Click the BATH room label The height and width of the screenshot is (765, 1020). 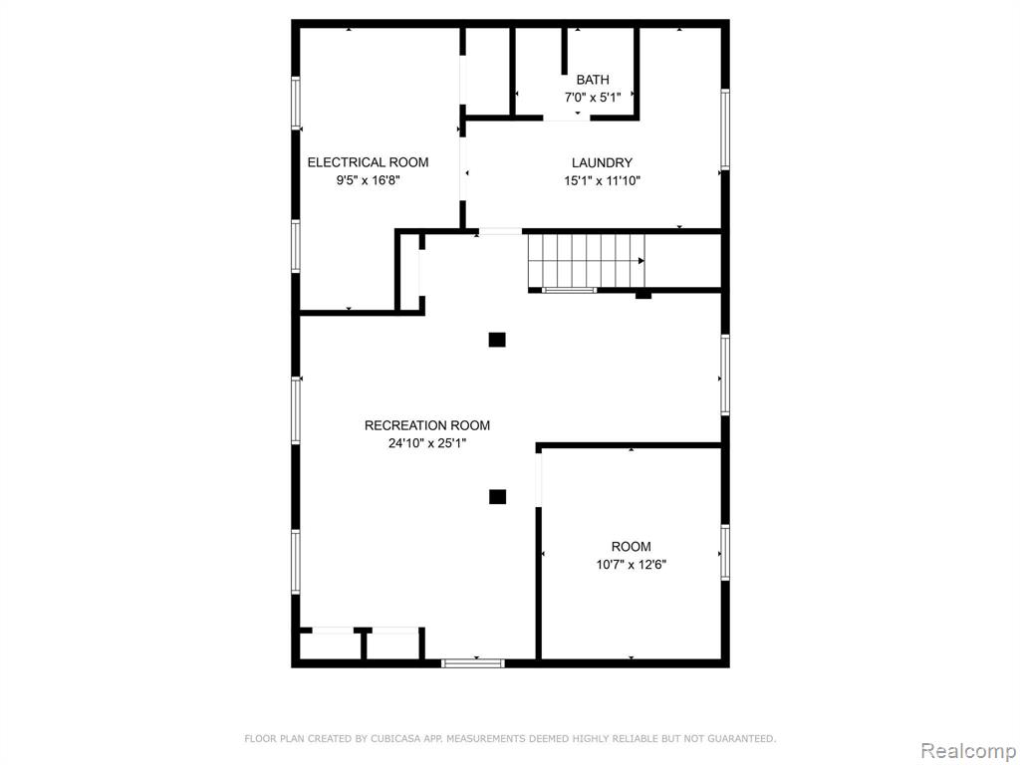point(593,80)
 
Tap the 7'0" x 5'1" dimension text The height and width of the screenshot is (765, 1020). point(593,98)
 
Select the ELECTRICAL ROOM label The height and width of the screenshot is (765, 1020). point(368,162)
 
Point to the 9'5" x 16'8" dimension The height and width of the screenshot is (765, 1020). point(368,180)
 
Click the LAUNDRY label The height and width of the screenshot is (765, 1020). point(602,163)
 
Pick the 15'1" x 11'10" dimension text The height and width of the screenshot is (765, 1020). point(602,181)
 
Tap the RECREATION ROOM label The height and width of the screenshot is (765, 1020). point(426,425)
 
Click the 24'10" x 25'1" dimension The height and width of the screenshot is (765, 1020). point(426,443)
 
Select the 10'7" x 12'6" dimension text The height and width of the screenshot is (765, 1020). point(631,565)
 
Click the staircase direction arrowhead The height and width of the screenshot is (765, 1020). point(641,261)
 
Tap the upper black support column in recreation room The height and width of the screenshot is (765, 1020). point(497,340)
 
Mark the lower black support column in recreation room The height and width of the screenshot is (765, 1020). point(497,497)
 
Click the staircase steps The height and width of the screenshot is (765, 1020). point(586,261)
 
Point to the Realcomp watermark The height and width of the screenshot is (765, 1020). point(968,751)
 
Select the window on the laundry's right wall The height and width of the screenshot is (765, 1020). point(725,129)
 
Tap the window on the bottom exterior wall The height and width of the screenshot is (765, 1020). point(473,663)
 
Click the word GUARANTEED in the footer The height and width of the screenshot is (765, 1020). point(741,739)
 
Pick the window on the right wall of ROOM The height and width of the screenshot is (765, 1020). point(725,553)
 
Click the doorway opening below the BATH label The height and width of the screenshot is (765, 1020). point(567,118)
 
